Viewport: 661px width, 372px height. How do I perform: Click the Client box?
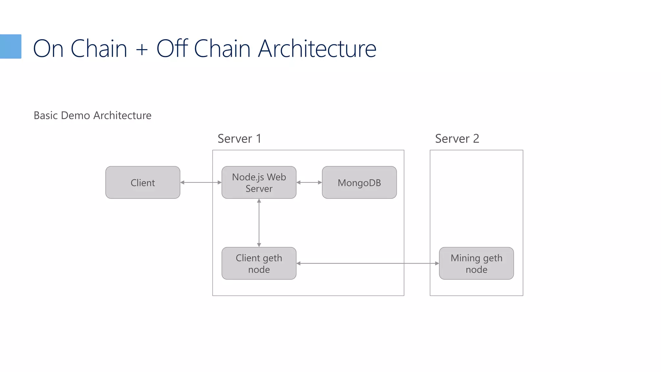143,182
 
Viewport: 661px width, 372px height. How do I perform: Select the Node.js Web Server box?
259,182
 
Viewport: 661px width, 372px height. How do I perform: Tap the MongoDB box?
359,182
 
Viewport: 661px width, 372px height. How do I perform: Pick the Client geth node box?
259,263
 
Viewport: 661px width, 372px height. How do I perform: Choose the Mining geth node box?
476,263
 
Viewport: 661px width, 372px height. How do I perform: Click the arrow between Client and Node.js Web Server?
201,182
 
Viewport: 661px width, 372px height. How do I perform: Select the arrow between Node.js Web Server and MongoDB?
309,182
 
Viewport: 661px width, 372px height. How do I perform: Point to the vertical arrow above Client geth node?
259,223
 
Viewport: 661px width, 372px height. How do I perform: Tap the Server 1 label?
239,139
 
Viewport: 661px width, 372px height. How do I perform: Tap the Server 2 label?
457,139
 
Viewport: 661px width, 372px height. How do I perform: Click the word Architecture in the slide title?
317,49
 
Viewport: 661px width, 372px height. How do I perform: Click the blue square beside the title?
10,46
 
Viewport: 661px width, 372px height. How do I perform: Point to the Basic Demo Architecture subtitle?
92,115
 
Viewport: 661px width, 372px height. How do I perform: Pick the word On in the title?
48,49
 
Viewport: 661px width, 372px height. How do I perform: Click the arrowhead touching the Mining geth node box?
437,263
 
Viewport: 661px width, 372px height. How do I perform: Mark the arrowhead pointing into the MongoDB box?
320,182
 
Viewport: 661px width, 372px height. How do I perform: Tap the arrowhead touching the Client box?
182,182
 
